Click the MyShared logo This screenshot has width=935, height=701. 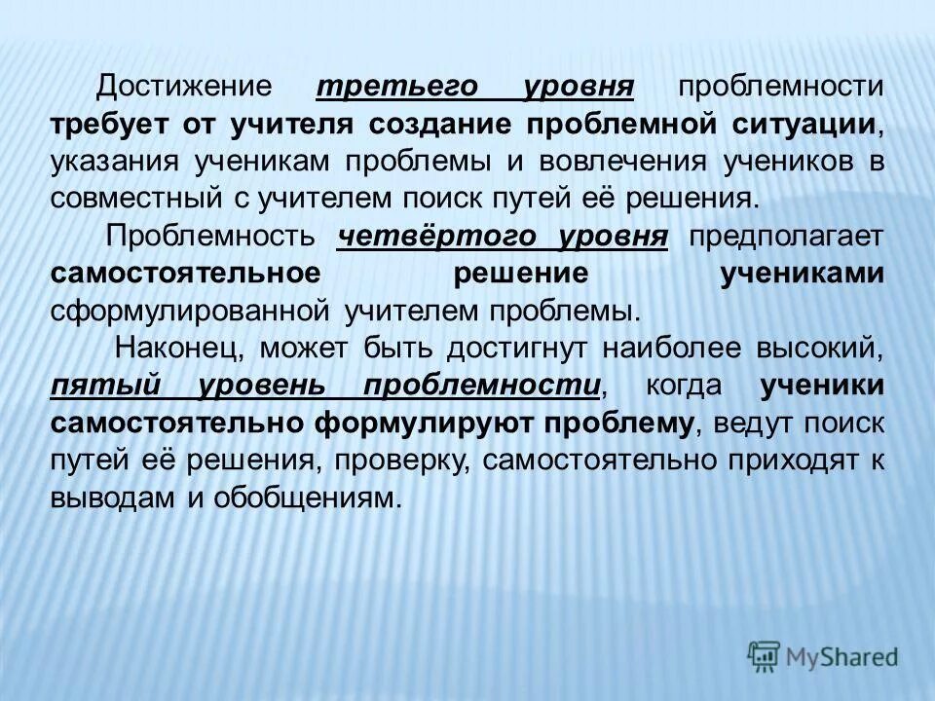[823, 655]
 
